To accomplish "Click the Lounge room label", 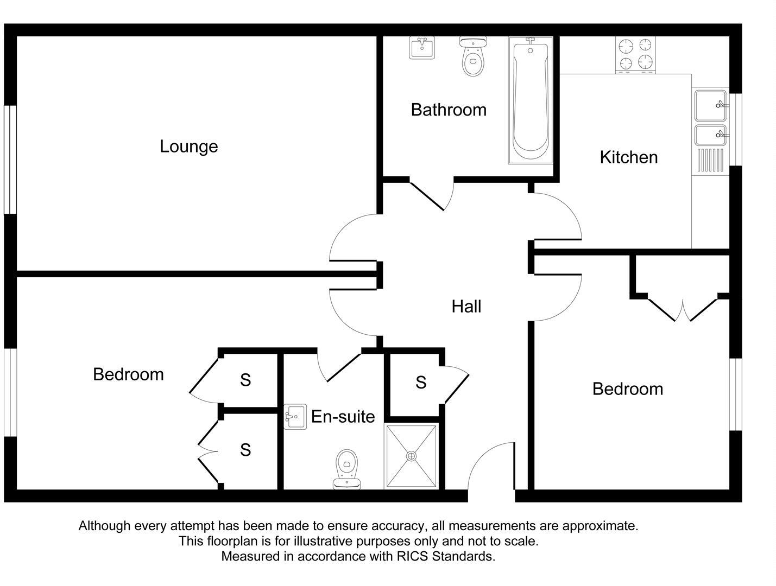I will pos(188,146).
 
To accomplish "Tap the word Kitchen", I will pos(628,157).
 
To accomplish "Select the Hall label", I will pos(466,307).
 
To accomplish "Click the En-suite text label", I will pos(343,417).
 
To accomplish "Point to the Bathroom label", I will pos(448,110).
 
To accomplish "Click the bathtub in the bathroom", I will pos(531,100).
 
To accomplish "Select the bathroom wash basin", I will pos(421,48).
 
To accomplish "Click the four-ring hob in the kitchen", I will pos(635,54).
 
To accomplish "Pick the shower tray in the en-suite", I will pos(411,456).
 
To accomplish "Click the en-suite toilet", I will pos(346,468).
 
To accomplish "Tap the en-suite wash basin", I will pos(295,417).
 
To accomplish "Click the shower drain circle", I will pos(411,456).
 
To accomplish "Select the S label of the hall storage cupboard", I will pos(421,383).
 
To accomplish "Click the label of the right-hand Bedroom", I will pos(627,389).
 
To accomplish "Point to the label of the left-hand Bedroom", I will pos(128,374).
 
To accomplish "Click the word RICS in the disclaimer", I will pos(412,556).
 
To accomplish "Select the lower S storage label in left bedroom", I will pos(245,450).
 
